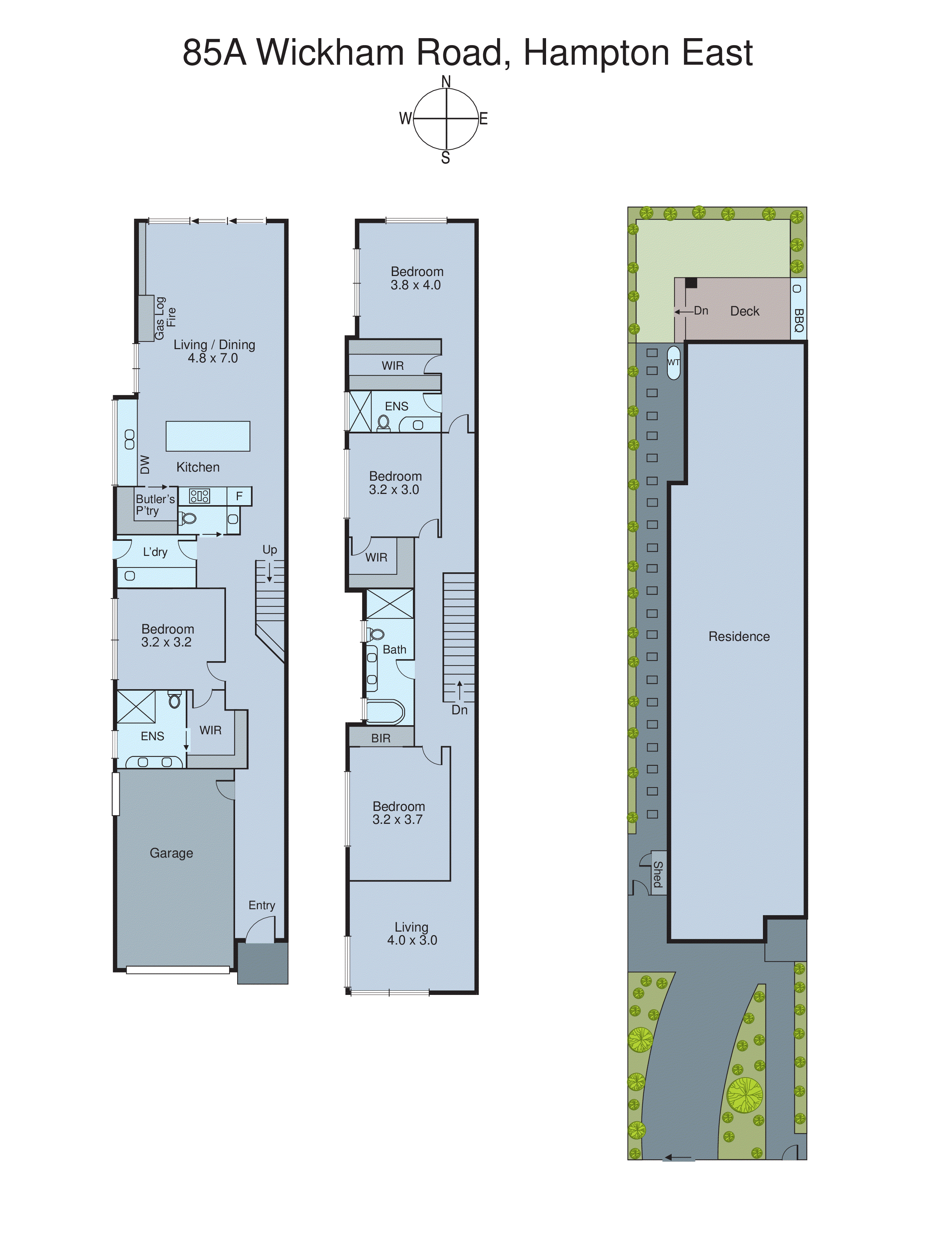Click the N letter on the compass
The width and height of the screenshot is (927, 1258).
(446, 82)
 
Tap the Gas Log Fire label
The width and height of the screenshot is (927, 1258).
(165, 318)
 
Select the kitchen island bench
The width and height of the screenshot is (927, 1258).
(208, 436)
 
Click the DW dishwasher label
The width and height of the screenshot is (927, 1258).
(145, 465)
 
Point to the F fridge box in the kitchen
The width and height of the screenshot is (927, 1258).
(239, 496)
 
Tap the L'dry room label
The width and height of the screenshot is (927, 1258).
(155, 552)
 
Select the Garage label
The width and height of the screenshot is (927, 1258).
(171, 853)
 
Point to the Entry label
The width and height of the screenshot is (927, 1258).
(262, 905)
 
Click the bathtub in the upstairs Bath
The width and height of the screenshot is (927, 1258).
(385, 712)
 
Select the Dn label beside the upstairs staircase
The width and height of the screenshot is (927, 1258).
(459, 710)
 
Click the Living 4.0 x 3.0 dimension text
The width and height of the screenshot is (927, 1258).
(412, 940)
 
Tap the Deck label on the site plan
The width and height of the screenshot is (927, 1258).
(744, 311)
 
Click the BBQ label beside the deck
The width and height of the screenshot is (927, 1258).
(799, 320)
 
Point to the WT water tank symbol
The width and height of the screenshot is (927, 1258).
(673, 362)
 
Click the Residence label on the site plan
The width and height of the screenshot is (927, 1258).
(738, 636)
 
